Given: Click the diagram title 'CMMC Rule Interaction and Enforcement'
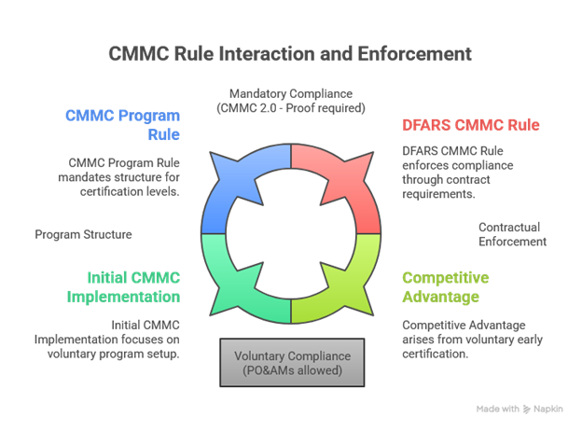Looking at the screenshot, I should (x=290, y=52).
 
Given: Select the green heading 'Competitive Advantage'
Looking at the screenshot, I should (x=447, y=287).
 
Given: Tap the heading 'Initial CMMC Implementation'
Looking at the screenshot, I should (x=123, y=287).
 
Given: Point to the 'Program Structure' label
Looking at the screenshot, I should (x=83, y=234).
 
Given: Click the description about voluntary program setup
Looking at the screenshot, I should (x=119, y=339).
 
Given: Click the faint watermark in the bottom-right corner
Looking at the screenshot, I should (x=520, y=409).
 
